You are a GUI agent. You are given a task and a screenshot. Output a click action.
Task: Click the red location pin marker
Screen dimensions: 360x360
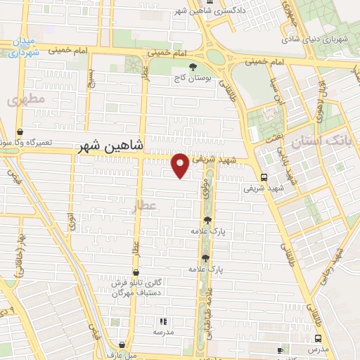coord(181,165)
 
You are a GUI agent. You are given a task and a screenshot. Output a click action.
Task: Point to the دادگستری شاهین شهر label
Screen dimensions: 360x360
coord(236,11)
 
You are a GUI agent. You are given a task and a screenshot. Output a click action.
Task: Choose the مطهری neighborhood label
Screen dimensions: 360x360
coord(26,101)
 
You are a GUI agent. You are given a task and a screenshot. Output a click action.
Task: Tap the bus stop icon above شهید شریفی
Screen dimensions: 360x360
coord(263,177)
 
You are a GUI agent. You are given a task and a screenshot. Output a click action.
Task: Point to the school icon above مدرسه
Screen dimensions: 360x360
coord(164,321)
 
